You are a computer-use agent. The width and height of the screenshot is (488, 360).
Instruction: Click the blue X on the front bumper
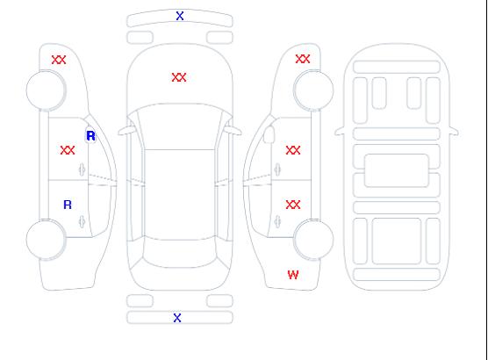click(x=180, y=16)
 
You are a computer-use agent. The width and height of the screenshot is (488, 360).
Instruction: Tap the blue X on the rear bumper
click(x=177, y=318)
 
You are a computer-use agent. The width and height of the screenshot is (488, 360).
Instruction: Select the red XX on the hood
click(x=179, y=77)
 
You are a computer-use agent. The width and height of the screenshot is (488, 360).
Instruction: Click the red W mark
click(x=293, y=275)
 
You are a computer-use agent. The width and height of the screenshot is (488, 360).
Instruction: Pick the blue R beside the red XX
click(x=90, y=136)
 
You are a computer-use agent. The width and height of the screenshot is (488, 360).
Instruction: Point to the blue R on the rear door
click(x=68, y=205)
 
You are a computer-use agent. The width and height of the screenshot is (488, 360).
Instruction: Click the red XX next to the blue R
click(x=68, y=150)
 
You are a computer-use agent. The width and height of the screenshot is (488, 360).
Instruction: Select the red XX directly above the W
click(x=293, y=205)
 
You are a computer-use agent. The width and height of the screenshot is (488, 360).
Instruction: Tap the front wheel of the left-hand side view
click(x=46, y=90)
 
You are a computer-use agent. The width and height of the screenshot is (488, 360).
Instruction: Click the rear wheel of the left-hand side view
click(x=46, y=240)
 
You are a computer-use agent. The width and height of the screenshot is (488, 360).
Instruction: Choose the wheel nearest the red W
click(x=313, y=240)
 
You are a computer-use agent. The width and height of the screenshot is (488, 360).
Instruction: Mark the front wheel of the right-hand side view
click(x=313, y=90)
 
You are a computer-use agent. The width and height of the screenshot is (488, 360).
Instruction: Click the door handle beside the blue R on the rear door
click(x=82, y=221)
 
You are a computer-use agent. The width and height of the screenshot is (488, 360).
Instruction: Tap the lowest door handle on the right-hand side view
click(x=277, y=221)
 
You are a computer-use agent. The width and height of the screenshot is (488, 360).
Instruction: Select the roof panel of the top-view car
click(x=180, y=194)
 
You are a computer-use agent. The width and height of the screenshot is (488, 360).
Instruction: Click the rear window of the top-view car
click(x=180, y=253)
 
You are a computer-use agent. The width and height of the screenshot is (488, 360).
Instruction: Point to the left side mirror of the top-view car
click(x=126, y=131)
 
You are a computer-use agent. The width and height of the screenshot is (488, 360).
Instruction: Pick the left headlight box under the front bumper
click(x=140, y=38)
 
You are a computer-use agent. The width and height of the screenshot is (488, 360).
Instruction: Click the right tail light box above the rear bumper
click(x=219, y=301)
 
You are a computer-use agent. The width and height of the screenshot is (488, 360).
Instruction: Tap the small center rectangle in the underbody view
click(x=397, y=170)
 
